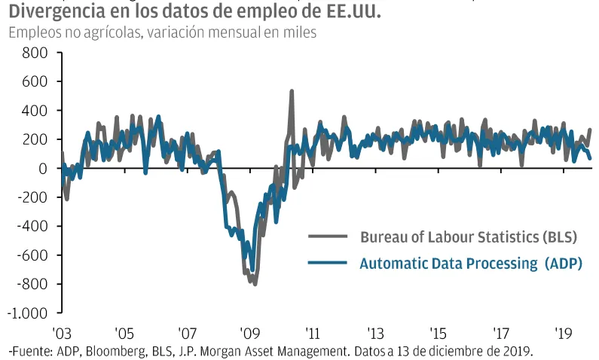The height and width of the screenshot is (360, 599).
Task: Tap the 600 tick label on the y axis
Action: click(x=35, y=82)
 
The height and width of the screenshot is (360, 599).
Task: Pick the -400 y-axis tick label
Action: click(x=32, y=227)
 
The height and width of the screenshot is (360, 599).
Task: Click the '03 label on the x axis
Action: click(x=61, y=332)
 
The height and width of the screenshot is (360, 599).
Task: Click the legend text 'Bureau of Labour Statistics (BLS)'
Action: click(x=468, y=237)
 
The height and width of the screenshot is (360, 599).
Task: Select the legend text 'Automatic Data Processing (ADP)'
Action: click(x=471, y=263)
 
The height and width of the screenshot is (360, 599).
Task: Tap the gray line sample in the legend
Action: click(x=327, y=237)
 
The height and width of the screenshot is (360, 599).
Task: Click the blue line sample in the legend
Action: click(x=327, y=263)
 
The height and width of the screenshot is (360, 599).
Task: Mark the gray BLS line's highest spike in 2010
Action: click(x=292, y=91)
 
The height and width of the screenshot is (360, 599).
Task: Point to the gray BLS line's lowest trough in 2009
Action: click(x=255, y=284)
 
